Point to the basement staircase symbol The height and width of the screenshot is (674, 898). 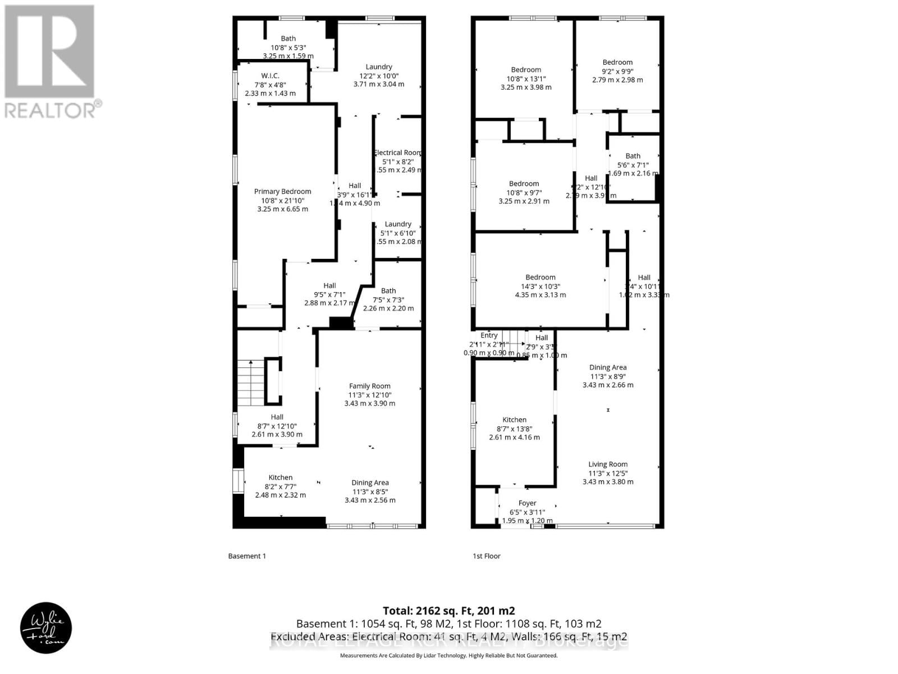[250, 382]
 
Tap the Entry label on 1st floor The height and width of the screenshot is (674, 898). [489, 335]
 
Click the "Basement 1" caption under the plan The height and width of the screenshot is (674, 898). [247, 556]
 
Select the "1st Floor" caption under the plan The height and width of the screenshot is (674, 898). [486, 556]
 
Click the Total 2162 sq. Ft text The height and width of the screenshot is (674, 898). [448, 611]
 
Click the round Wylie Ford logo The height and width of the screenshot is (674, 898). [46, 629]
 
